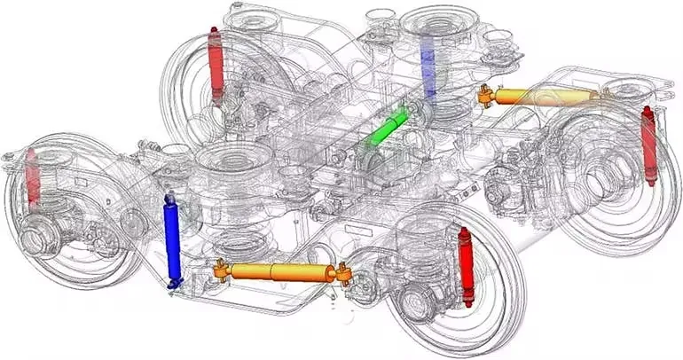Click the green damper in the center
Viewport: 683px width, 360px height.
388,128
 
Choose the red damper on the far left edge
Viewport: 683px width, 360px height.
33,175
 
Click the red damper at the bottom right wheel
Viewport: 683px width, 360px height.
465,266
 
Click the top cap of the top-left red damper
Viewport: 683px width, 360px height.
214,31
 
